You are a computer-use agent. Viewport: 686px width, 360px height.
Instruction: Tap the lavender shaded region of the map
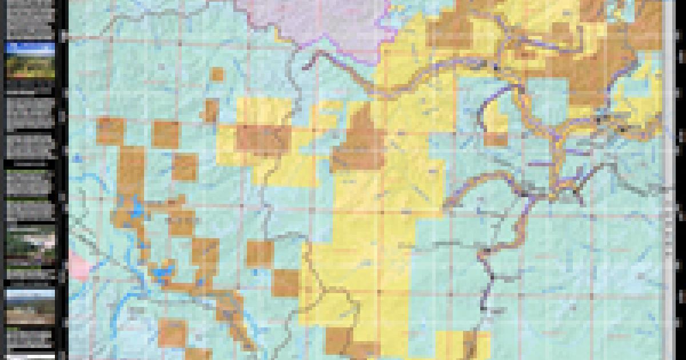[320, 23]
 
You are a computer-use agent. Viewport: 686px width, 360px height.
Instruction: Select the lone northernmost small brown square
[217, 74]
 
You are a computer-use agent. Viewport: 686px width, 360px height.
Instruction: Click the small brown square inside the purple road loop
[496, 139]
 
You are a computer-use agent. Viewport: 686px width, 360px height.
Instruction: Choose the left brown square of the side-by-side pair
[110, 130]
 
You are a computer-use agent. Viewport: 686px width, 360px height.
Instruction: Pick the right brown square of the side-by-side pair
[166, 135]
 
